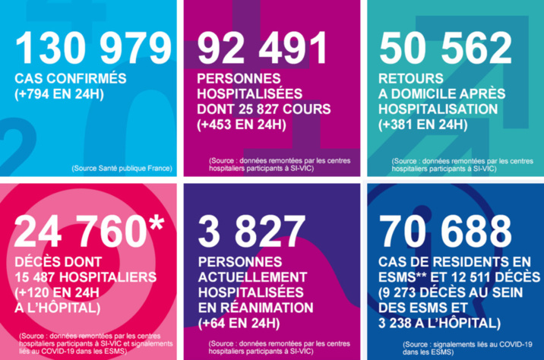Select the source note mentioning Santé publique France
[x=122, y=167]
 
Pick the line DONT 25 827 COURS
[x=263, y=109]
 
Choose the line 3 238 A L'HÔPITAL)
[x=440, y=322]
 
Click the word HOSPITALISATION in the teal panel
[x=438, y=109]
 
